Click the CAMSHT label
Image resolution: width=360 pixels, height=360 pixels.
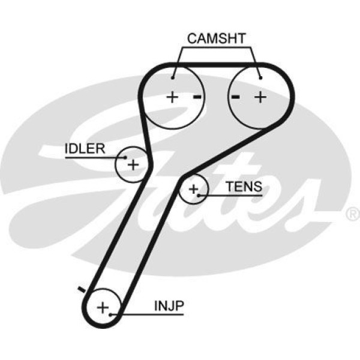tap(217, 39)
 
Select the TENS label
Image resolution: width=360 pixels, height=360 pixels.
tap(244, 187)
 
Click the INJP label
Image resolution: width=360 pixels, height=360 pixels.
tap(170, 305)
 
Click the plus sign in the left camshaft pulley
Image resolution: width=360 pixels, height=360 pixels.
tap(173, 97)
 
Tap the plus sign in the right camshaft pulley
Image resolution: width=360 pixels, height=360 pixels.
tap(260, 97)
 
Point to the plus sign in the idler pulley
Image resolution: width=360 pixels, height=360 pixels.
tap(133, 164)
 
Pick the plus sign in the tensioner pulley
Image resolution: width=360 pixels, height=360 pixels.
tap(193, 190)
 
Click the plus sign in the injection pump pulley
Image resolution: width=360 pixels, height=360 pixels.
tap(103, 308)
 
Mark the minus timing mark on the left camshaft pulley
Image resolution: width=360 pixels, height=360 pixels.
tap(196, 97)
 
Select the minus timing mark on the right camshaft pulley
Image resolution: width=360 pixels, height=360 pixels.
tap(236, 97)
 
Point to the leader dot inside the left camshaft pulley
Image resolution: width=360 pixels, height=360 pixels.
tap(173, 76)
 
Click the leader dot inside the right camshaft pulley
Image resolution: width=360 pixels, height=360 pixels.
tap(260, 76)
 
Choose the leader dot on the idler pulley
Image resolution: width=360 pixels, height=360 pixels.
tap(125, 157)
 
